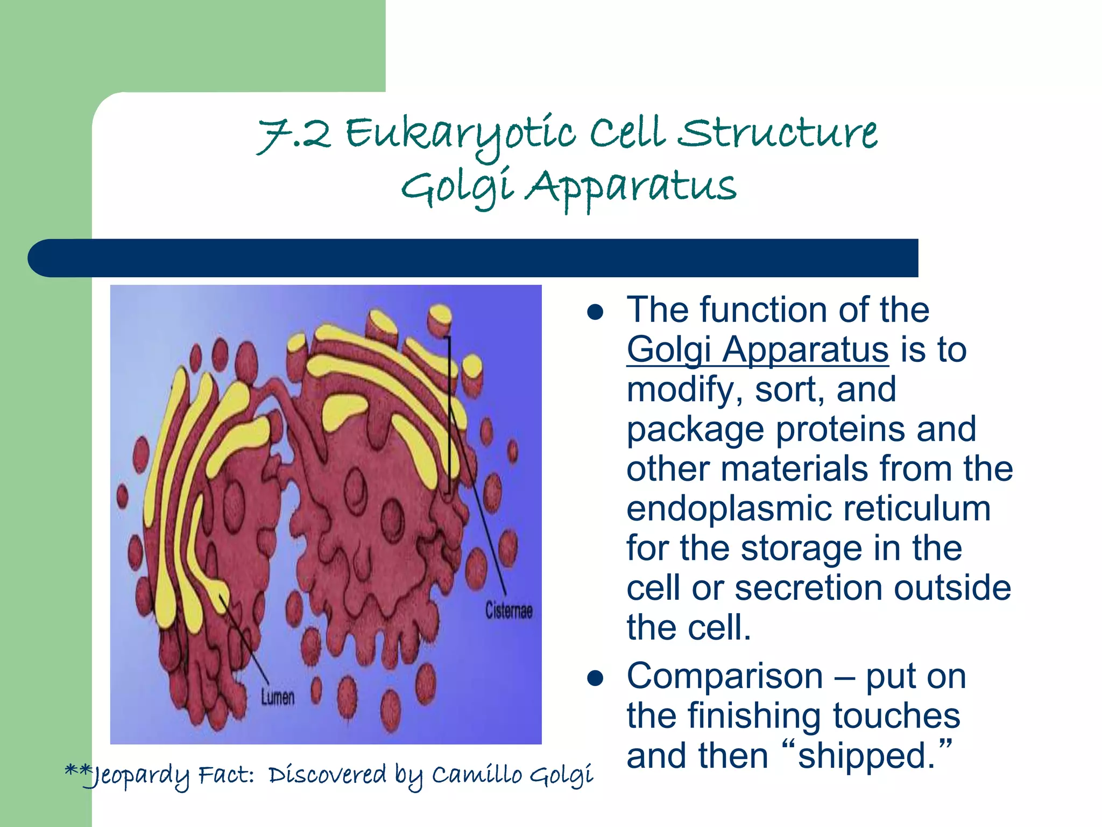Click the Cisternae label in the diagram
(508, 611)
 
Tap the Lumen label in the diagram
(278, 698)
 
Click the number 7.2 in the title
(294, 135)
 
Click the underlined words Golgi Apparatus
(757, 350)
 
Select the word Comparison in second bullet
(724, 676)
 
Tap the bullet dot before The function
(595, 313)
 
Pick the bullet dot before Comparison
(595, 679)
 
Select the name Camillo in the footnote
(477, 775)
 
